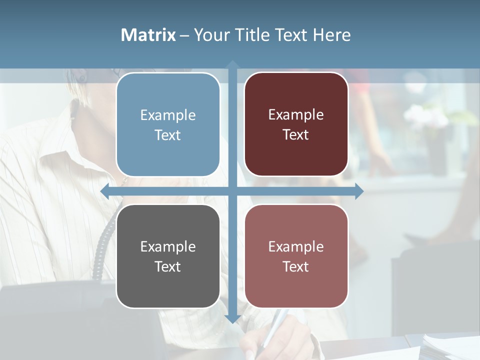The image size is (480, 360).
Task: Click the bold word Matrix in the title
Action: [148, 35]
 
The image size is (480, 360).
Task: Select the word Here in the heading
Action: [331, 35]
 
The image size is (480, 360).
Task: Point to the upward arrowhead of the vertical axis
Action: [232, 64]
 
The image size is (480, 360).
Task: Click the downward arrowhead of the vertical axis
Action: [232, 318]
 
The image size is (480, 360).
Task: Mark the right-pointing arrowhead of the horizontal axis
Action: [359, 191]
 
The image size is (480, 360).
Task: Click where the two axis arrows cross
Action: [232, 191]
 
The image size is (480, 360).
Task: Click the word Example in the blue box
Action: [168, 115]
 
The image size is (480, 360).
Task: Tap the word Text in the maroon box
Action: [296, 135]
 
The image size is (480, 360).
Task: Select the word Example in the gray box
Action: [168, 246]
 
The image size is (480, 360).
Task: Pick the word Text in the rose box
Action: [296, 266]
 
